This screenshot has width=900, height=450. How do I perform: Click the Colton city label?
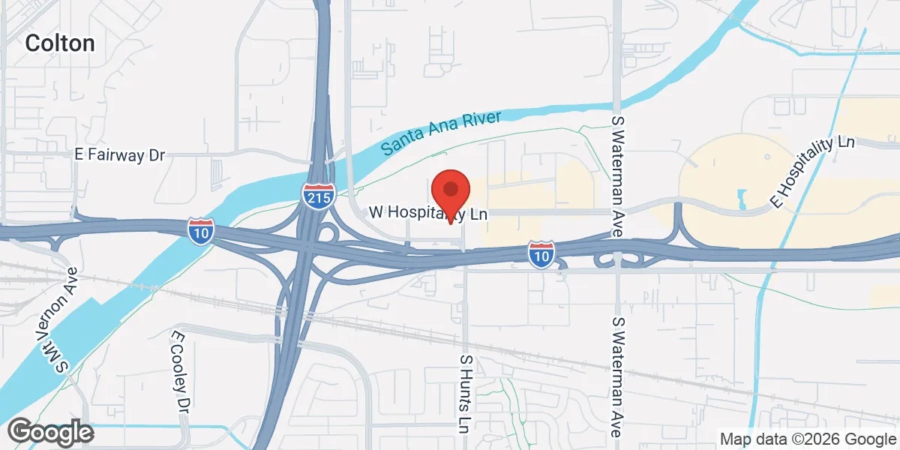point(60,43)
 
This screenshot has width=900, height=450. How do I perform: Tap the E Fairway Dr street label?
point(120,155)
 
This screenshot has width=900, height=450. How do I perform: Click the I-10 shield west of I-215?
point(200,231)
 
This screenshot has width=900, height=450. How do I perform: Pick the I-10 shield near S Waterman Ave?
point(541,254)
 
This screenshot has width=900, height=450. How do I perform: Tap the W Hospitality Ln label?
point(428,214)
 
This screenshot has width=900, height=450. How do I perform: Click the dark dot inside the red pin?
point(450,188)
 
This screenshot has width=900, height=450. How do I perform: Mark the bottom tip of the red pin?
point(450,223)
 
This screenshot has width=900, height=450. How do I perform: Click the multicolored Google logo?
point(50,432)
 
